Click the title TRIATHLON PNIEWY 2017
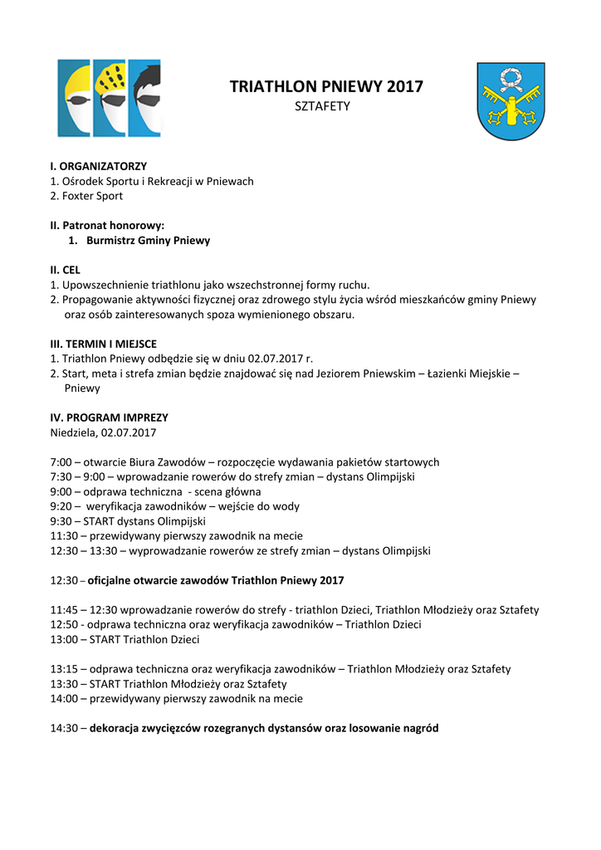326,86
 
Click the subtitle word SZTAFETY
323,106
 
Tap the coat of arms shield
511,100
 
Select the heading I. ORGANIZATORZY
99,166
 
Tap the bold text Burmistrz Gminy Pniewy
148,240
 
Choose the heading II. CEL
66,270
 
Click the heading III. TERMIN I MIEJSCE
104,344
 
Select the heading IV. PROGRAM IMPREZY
109,418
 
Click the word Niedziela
73,432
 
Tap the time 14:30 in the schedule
64,728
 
